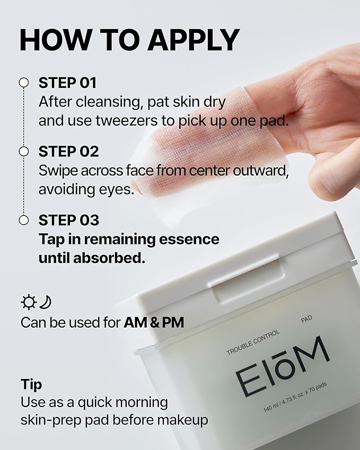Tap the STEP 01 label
68,83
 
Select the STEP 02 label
69,152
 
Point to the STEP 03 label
69,220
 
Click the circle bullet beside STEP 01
23,83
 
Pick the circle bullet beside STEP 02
23,152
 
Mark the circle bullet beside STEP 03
23,220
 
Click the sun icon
28,303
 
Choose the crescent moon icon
46,303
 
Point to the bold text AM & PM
154,322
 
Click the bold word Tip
31,384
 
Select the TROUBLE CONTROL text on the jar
252,344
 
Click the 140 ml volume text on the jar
274,409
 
